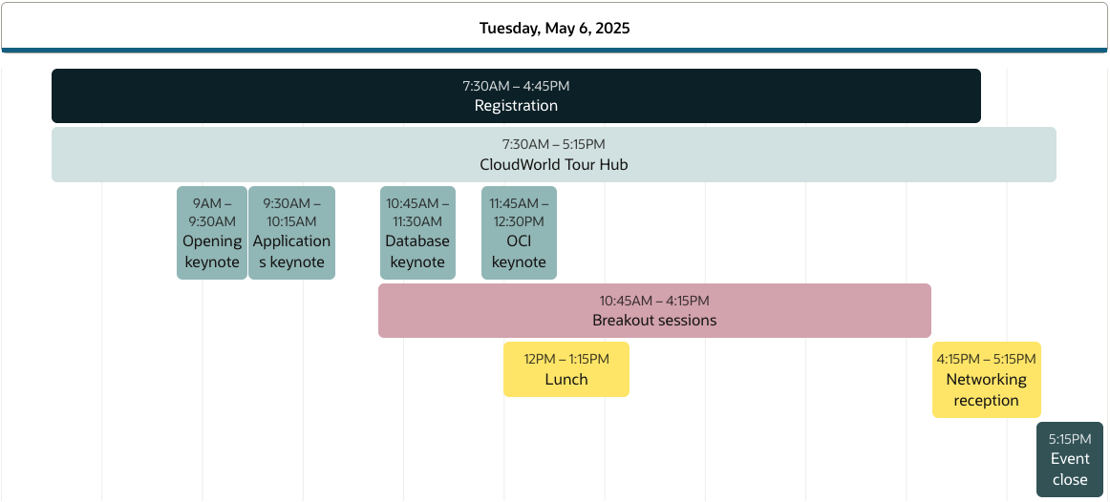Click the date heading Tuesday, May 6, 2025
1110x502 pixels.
[x=554, y=29]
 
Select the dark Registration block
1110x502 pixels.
[x=516, y=96]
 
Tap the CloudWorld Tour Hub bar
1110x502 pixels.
[x=554, y=155]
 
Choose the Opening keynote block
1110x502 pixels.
[x=212, y=233]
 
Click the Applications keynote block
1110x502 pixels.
[x=291, y=233]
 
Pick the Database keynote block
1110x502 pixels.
[x=417, y=233]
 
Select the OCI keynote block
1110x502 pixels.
[x=519, y=233]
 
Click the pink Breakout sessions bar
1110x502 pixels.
[x=654, y=310]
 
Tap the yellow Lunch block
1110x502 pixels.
[x=566, y=369]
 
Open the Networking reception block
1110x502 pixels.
[x=986, y=380]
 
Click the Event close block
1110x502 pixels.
[x=1070, y=459]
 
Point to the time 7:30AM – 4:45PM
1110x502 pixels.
[x=516, y=86]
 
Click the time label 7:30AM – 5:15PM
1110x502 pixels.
[x=554, y=145]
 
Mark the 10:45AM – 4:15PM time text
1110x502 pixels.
[x=654, y=302]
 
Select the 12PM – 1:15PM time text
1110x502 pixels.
[x=566, y=359]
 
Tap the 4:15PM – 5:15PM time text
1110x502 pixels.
[x=986, y=359]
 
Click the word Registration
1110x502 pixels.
[x=516, y=106]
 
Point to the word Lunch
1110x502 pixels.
[x=566, y=380]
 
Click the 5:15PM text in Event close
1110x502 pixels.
[x=1070, y=439]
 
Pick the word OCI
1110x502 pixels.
[x=519, y=241]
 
